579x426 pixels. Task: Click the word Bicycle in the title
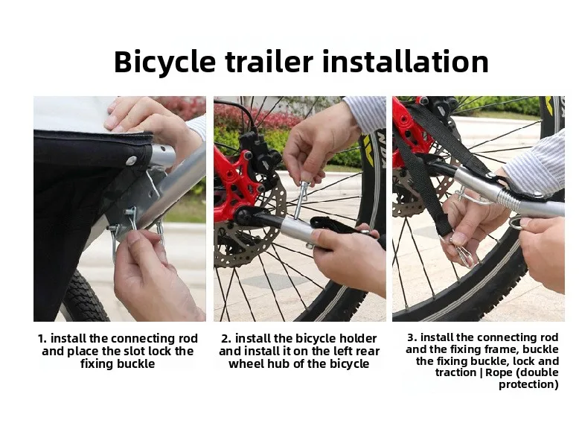pyautogui.click(x=164, y=62)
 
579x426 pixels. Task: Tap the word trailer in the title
pyautogui.click(x=269, y=61)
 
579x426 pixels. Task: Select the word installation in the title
pyautogui.click(x=406, y=61)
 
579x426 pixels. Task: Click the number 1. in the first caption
pyautogui.click(x=42, y=338)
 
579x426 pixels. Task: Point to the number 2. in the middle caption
pyautogui.click(x=226, y=338)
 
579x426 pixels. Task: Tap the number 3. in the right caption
pyautogui.click(x=412, y=337)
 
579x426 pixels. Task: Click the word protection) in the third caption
pyautogui.click(x=528, y=384)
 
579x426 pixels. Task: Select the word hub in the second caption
pyautogui.click(x=278, y=363)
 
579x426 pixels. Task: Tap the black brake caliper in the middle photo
pyautogui.click(x=257, y=151)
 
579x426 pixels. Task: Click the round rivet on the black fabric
pyautogui.click(x=131, y=160)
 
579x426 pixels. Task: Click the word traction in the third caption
pyautogui.click(x=456, y=372)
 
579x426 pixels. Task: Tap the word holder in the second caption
pyautogui.click(x=358, y=338)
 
